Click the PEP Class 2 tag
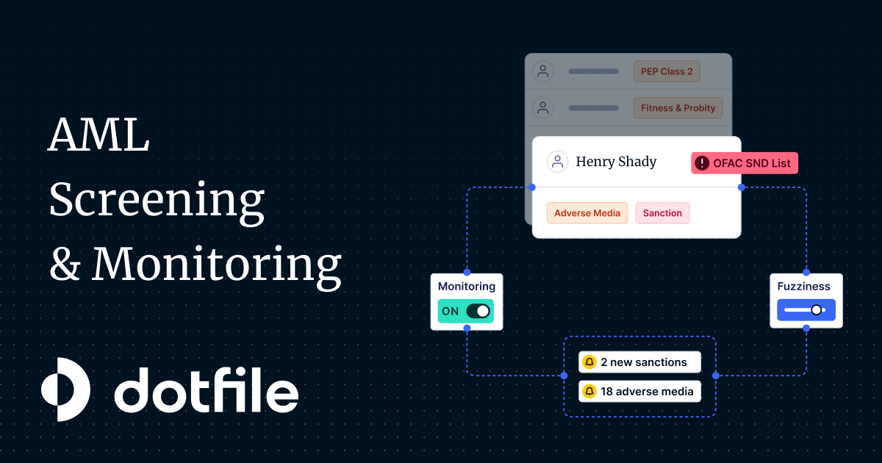coord(667,71)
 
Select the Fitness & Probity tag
coord(678,108)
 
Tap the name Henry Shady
coord(616,162)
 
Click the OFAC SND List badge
coord(745,163)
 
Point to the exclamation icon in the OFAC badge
coord(702,163)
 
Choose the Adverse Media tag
coord(587,213)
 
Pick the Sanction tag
coord(662,213)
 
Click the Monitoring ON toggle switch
coord(478,311)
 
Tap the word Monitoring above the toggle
coord(467,286)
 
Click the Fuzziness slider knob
coord(817,310)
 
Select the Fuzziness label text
coord(803,286)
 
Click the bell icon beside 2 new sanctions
coord(589,362)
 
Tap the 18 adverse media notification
coord(640,391)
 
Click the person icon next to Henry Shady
coord(557,162)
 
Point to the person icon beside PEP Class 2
coord(543,71)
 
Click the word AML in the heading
coord(98,134)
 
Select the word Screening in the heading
coord(157,201)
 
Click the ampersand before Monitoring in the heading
coord(65,264)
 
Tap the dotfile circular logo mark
coord(65,390)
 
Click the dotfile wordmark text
coord(207,390)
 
